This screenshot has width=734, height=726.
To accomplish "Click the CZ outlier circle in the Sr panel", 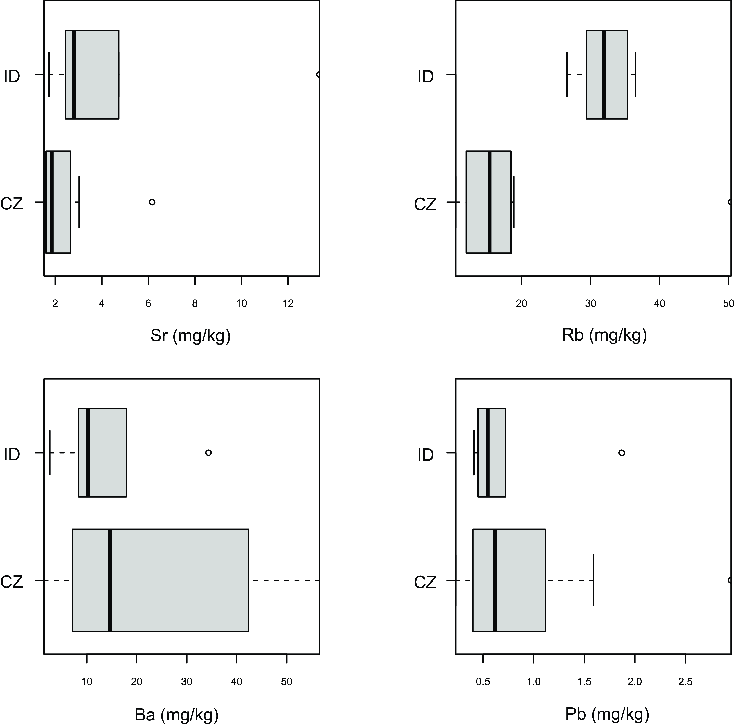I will pyautogui.click(x=152, y=202).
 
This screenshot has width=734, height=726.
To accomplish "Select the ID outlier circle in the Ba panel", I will pyautogui.click(x=208, y=453).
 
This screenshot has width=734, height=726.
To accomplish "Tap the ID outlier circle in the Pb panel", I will pyautogui.click(x=622, y=453).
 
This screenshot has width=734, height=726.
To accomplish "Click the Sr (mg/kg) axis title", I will pyautogui.click(x=190, y=336).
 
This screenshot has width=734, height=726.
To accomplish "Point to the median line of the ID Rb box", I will pyautogui.click(x=604, y=75).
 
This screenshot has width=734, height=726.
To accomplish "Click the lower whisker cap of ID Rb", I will pyautogui.click(x=567, y=75).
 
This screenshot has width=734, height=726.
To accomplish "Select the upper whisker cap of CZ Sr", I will pyautogui.click(x=79, y=202).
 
